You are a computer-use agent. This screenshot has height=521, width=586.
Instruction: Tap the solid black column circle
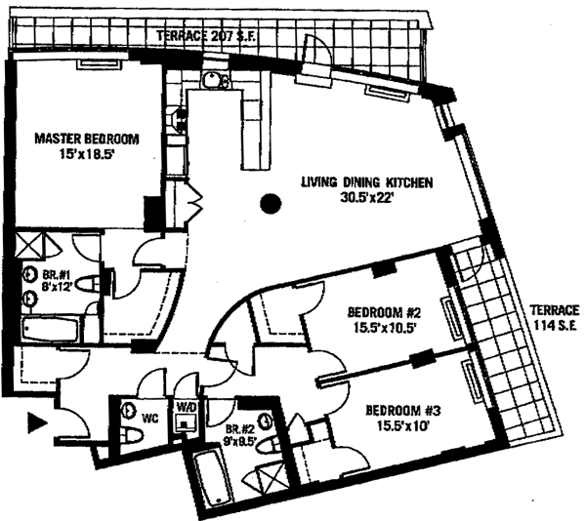pyautogui.click(x=272, y=204)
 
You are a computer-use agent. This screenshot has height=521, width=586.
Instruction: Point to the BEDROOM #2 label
pyautogui.click(x=384, y=313)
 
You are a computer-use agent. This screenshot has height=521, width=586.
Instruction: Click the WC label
pyautogui.click(x=150, y=418)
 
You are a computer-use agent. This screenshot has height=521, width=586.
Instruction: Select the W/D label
pyautogui.click(x=187, y=408)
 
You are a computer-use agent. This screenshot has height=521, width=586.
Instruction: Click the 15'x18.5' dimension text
pyautogui.click(x=87, y=153)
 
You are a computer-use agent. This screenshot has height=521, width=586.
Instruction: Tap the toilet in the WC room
pyautogui.click(x=128, y=411)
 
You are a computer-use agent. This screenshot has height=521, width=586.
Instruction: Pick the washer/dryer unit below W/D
pyautogui.click(x=185, y=424)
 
